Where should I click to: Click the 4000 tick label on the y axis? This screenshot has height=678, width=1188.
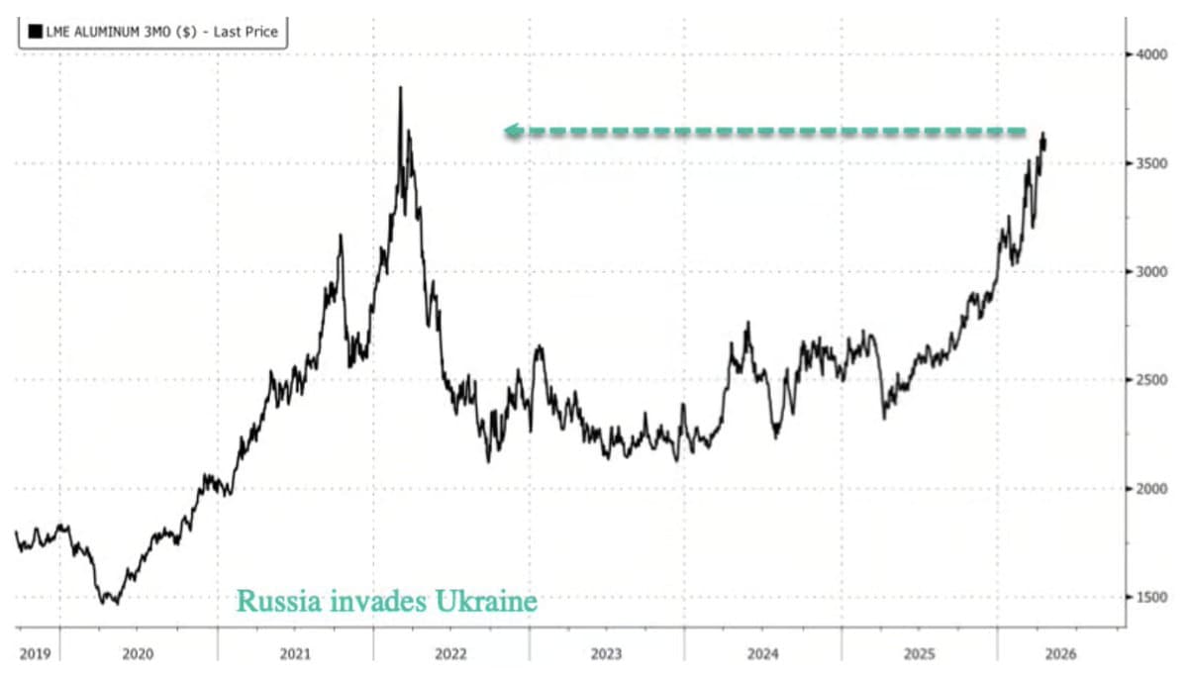coord(1152,54)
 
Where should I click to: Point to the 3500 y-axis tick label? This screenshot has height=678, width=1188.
coord(1152,163)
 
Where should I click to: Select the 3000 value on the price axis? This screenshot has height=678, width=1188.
coord(1152,272)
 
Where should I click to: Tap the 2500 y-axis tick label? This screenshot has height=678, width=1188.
coord(1152,380)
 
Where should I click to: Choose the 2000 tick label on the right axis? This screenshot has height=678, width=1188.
coord(1152,489)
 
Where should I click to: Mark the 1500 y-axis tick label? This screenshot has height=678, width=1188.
coord(1152,597)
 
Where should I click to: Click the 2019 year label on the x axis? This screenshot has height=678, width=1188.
coord(35,654)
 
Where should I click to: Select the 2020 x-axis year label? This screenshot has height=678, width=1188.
coord(138,654)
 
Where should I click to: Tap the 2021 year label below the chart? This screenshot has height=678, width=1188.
coord(295,654)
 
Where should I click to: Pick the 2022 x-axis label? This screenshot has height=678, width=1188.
coord(450,654)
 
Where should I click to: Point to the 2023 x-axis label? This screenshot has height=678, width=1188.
coord(607,654)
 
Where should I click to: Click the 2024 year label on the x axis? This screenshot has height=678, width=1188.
coord(763,654)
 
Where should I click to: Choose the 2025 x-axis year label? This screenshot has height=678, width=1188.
coord(920,654)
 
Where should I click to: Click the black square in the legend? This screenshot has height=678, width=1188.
coord(36,32)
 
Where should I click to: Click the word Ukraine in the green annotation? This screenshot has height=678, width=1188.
coord(481,601)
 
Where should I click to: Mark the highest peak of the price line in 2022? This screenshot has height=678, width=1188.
coord(400,88)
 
